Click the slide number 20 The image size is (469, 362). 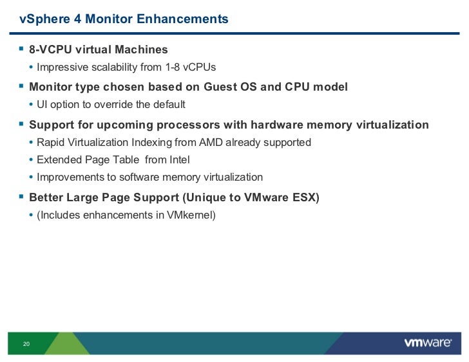pyautogui.click(x=26, y=344)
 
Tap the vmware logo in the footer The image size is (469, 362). pyautogui.click(x=427, y=343)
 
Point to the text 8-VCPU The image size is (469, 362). pyautogui.click(x=52, y=50)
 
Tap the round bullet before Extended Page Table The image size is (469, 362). pyautogui.click(x=32, y=160)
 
